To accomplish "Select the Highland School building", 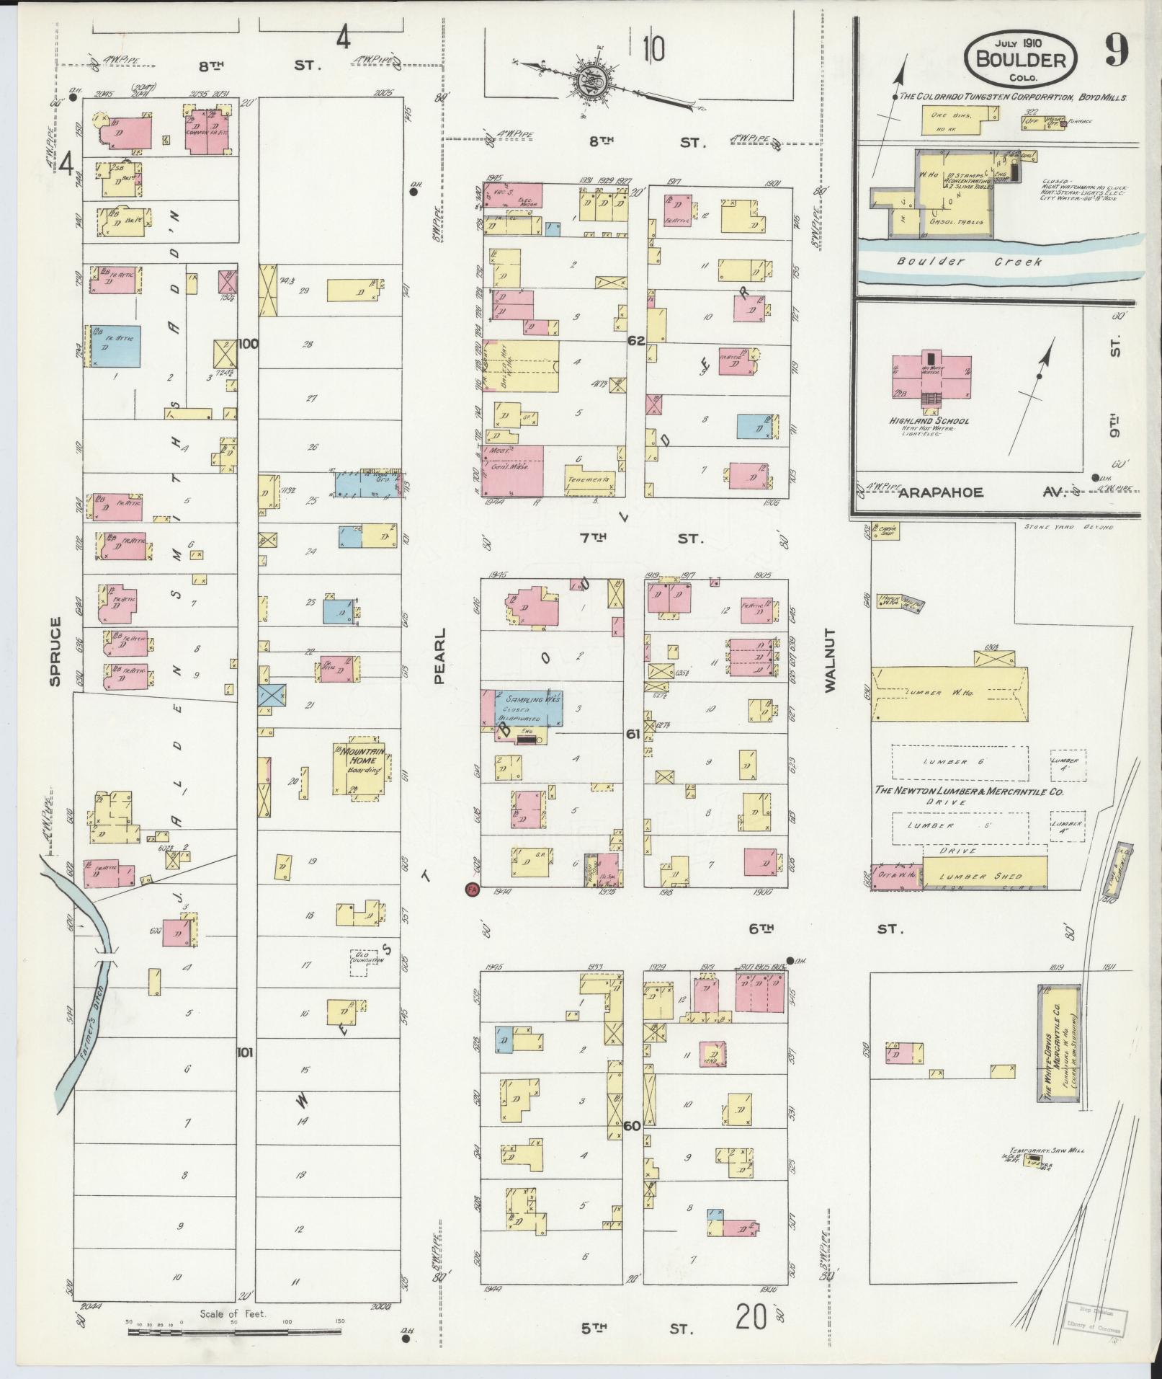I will tap(930, 375).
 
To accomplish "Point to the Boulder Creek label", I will tap(969, 262).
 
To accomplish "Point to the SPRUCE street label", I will tap(55, 650).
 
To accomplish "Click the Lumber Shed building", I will tap(984, 875).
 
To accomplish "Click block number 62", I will tap(635, 340).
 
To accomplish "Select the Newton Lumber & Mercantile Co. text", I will tap(968, 791).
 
